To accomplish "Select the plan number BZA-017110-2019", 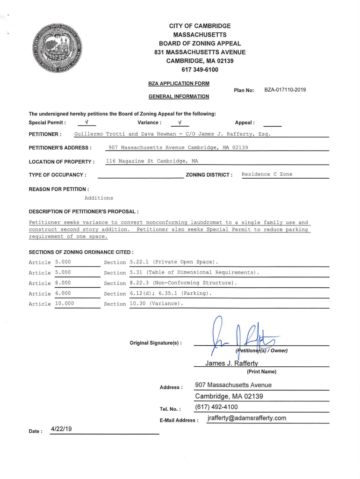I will [x=285, y=90].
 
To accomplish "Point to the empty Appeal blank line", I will [x=273, y=124].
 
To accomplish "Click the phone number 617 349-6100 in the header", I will [x=200, y=70].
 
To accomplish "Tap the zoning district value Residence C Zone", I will [x=267, y=174].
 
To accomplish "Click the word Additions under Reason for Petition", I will [x=99, y=198].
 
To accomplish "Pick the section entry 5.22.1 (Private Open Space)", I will [x=174, y=261].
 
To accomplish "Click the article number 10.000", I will [x=65, y=304].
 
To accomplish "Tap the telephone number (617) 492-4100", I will [x=216, y=407].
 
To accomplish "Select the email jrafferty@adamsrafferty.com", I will [x=246, y=418].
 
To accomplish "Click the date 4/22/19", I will [x=62, y=429].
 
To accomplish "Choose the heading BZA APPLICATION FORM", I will [x=179, y=83].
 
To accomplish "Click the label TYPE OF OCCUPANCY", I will [x=58, y=175].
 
